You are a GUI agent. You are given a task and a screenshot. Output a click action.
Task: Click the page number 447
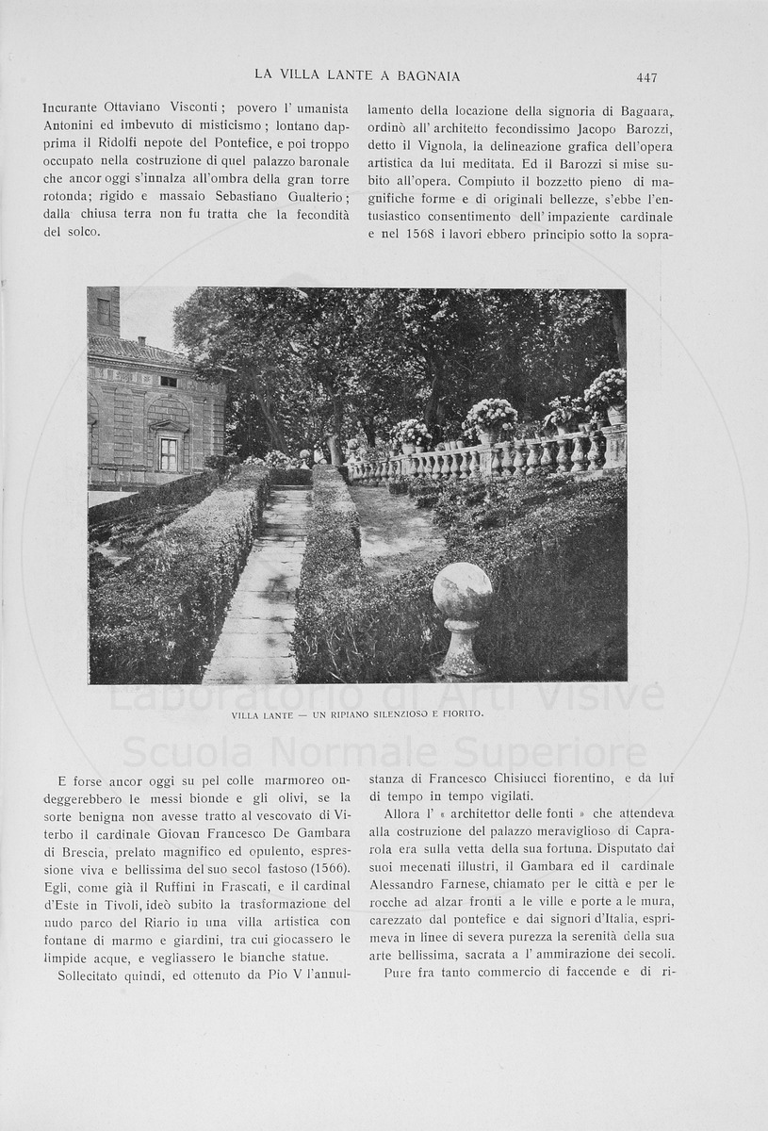tap(646, 77)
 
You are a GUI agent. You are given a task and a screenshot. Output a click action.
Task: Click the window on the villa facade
tap(169, 453)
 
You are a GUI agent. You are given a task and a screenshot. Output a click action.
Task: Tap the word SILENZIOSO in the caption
tap(370, 714)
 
